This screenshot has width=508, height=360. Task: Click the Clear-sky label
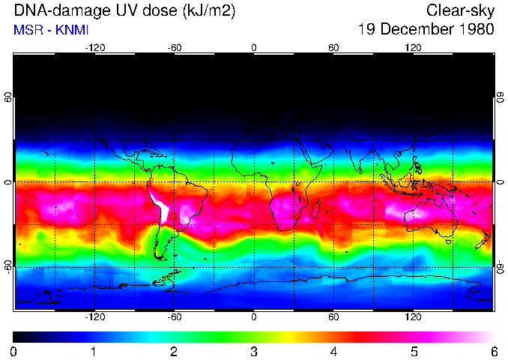tap(459, 11)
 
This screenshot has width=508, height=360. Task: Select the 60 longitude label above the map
tap(333, 47)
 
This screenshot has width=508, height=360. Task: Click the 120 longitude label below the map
tap(413, 317)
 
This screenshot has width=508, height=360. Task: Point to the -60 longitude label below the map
tap(175, 317)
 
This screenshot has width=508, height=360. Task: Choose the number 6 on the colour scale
tap(494, 351)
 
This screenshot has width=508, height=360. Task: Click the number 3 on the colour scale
tap(254, 351)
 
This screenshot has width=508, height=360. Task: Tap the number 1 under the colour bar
tap(94, 351)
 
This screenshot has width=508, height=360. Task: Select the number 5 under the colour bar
tap(414, 351)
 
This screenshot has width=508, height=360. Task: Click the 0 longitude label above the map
tap(254, 47)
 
